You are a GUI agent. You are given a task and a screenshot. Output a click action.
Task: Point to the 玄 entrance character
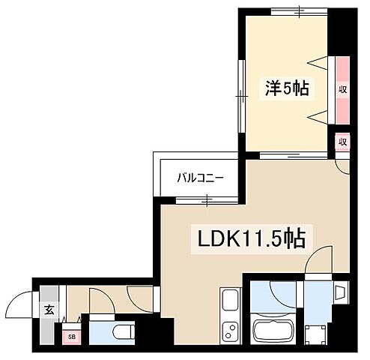tap(48, 308)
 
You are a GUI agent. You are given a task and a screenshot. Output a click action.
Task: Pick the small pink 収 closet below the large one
tap(342, 141)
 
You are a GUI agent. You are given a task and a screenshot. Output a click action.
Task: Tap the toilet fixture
tap(120, 331)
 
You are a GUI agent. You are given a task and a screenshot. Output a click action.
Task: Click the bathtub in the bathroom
tap(272, 329)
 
